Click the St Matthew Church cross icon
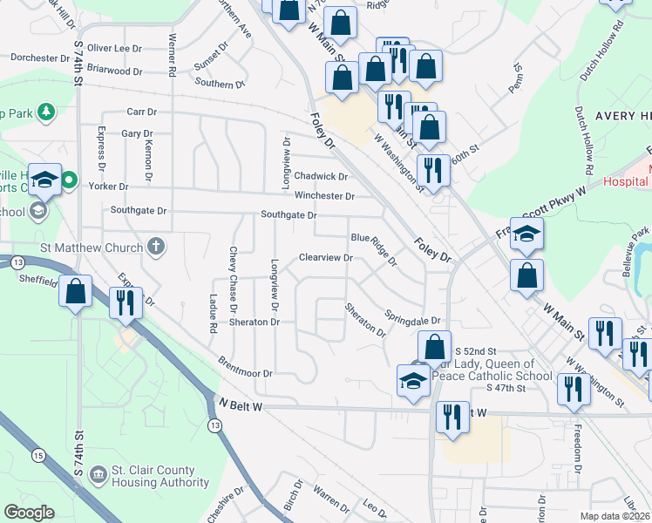tap(156, 247)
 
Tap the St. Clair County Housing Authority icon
tap(98, 475)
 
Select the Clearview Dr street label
tap(325, 258)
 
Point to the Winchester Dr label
tap(324, 196)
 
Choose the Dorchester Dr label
tap(40, 58)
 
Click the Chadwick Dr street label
tap(321, 176)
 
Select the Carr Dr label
tap(141, 112)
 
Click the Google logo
tap(29, 513)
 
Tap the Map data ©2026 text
tap(615, 516)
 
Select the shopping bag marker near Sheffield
tap(76, 292)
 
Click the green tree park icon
tap(46, 112)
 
